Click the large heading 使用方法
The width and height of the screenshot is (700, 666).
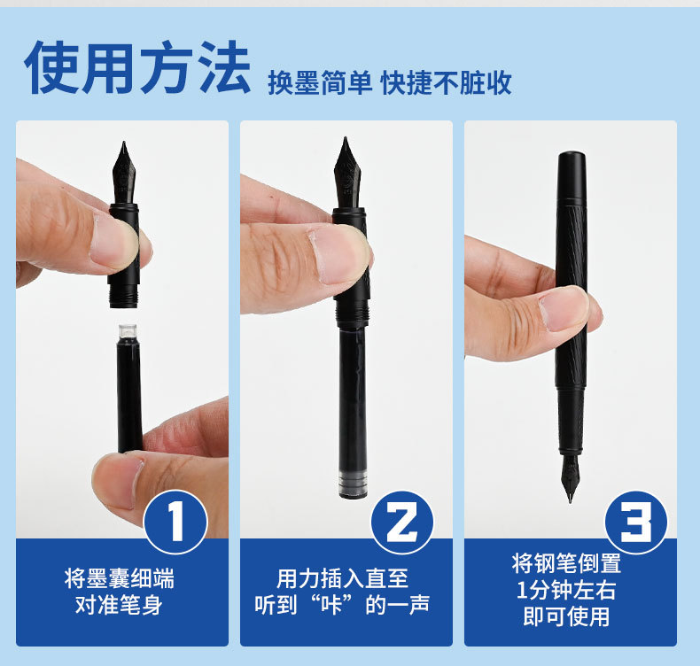pos(137,67)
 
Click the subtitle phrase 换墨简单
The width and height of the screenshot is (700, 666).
pos(320,82)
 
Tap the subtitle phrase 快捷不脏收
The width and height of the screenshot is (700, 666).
pos(446,82)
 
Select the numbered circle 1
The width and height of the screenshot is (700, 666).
pos(176,522)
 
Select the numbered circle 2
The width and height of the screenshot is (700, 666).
pos(401,522)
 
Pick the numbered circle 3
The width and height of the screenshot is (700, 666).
pos(635,522)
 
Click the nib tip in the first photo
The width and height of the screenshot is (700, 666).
pos(124,143)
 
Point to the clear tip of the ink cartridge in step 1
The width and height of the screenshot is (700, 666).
pos(128,331)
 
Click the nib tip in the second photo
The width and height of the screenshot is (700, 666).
pos(345,138)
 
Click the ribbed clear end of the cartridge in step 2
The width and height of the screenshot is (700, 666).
pos(352,483)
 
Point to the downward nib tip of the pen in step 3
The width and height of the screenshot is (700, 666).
pos(571,500)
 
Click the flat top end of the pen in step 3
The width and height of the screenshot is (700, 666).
pos(572,154)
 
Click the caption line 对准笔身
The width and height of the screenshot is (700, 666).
pos(119,605)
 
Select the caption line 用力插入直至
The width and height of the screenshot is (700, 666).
pos(342,578)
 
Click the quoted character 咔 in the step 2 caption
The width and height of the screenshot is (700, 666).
pos(331,605)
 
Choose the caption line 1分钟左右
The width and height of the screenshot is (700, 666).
pos(566,590)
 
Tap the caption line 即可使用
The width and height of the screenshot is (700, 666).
pos(566,616)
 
